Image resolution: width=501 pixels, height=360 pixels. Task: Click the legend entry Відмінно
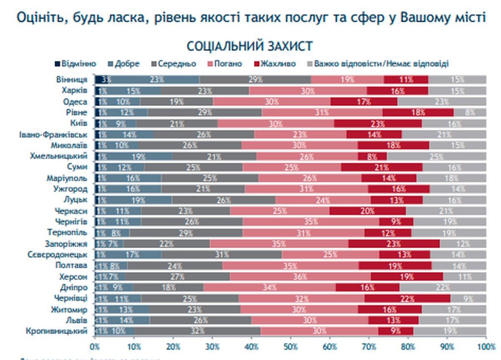pos(78,64)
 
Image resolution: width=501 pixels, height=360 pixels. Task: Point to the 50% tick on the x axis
pos(291,346)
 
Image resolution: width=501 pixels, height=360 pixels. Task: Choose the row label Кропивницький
pos(58,331)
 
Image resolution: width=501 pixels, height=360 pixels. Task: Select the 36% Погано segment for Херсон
pos(300,276)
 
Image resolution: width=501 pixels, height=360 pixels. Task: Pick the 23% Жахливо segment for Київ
pos(378,123)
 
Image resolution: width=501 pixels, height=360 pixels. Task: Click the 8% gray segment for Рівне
pos(470,112)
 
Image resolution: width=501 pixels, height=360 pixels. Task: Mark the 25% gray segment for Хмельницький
pos(436,156)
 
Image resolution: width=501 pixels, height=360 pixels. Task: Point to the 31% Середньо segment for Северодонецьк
pos(222,254)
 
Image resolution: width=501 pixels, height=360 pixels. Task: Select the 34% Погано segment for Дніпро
pos(269,287)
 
